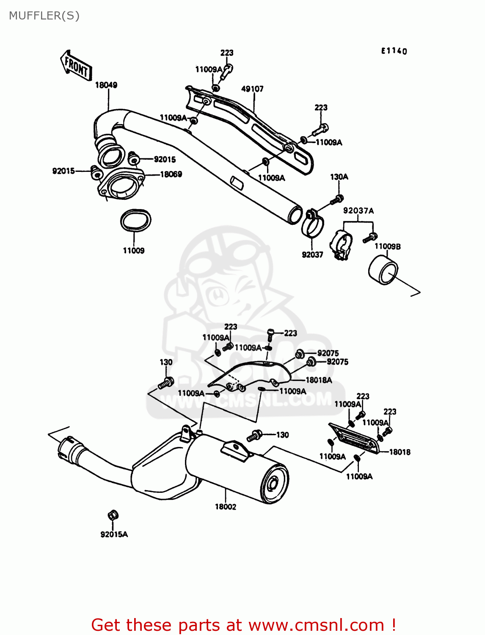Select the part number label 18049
click(106, 85)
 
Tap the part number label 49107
click(252, 89)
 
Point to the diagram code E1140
click(394, 51)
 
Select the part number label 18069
click(171, 174)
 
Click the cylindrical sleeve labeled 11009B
click(383, 270)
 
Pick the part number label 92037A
click(358, 211)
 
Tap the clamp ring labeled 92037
click(312, 223)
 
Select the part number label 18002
click(226, 507)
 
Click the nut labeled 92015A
click(113, 516)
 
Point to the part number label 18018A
click(319, 380)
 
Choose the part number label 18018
click(400, 452)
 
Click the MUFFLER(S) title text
click(44, 16)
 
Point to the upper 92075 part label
click(328, 353)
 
